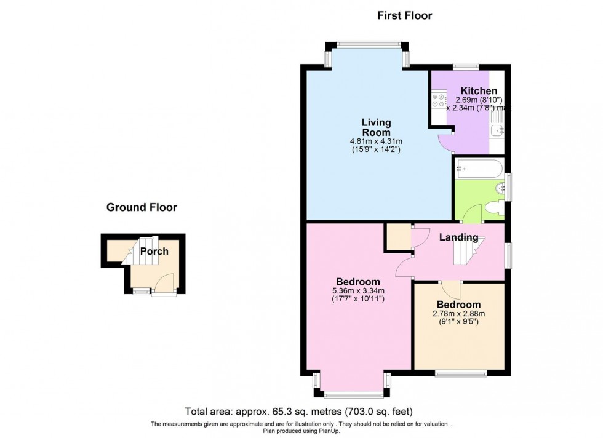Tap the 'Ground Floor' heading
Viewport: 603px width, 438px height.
click(142, 207)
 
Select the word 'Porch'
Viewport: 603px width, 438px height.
click(154, 251)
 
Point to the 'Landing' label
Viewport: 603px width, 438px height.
click(458, 237)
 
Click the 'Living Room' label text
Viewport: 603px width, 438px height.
click(375, 127)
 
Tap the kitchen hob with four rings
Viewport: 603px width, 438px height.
click(439, 100)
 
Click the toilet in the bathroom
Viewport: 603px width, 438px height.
click(493, 210)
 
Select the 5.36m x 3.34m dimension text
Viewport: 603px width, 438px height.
click(357, 291)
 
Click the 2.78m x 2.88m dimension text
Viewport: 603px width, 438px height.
click(458, 313)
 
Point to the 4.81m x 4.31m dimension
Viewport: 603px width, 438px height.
click(375, 140)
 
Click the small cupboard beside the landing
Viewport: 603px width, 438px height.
click(398, 237)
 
